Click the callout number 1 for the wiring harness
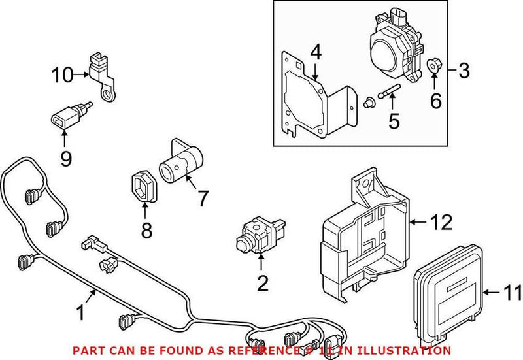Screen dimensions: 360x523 coord(80,314)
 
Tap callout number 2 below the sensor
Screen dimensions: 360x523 coord(261,284)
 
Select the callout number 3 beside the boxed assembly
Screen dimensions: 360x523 coord(464,70)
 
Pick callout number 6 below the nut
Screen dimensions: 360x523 coord(435,101)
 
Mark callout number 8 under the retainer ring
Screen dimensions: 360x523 coord(145,230)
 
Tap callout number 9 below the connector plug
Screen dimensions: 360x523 coord(65,158)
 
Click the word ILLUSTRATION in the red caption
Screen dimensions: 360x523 coord(408,351)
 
